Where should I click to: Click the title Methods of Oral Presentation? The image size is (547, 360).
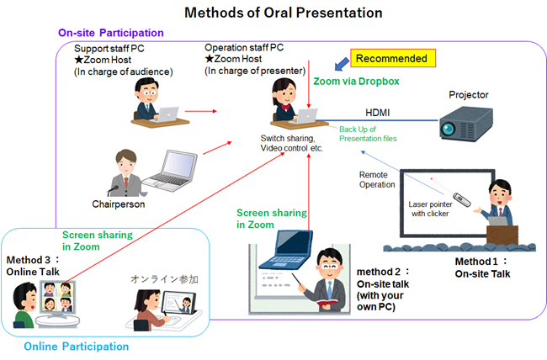click(273, 13)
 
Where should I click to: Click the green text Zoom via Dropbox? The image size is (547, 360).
click(356, 82)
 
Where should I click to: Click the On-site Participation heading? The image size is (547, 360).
click(110, 32)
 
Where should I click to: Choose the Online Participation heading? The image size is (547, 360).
click(77, 346)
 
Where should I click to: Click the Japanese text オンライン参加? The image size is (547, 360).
click(165, 277)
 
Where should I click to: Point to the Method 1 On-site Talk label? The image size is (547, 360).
click(483, 267)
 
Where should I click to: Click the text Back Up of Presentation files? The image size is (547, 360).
click(368, 133)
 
